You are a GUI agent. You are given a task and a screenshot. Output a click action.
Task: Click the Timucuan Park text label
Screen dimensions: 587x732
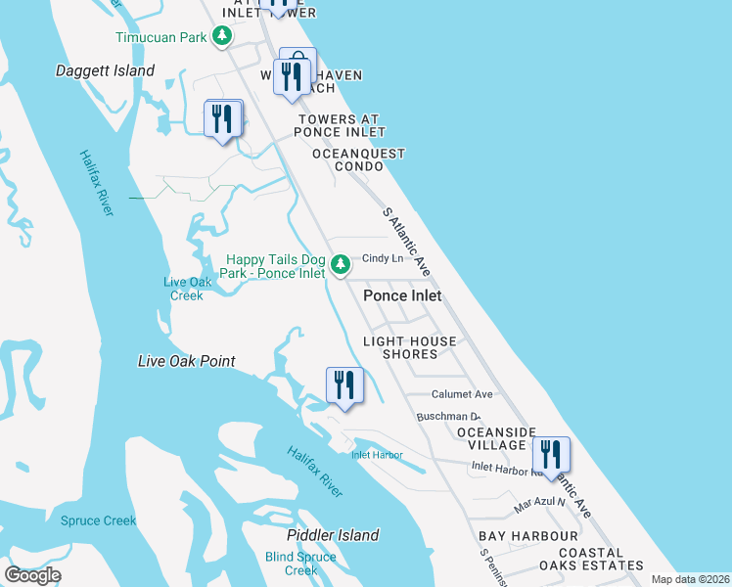pos(161,37)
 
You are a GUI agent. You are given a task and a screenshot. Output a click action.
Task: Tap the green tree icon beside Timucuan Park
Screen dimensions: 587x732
pos(223,37)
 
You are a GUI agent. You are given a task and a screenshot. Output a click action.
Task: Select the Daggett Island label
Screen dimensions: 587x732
pos(106,71)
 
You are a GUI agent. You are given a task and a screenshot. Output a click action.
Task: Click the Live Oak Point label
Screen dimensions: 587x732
pos(187,362)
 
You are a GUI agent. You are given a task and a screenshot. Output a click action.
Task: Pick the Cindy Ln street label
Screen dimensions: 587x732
pos(383,259)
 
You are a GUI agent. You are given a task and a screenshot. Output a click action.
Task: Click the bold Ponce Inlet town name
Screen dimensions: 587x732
pos(402,295)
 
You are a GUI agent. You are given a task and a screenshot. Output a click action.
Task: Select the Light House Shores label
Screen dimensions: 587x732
pos(410,347)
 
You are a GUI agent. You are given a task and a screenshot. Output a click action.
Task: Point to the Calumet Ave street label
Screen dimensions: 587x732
pos(463,394)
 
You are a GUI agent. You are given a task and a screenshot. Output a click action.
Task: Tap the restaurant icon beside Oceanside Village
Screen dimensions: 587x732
pos(552,456)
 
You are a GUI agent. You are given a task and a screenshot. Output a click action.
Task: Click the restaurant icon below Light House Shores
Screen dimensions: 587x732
pos(343,385)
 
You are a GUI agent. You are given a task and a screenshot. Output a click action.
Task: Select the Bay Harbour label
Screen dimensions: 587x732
pos(528,537)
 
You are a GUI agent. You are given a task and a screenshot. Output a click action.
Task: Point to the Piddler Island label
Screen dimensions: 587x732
pos(333,535)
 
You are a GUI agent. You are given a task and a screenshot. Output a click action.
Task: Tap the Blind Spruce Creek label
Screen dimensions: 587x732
pos(300,564)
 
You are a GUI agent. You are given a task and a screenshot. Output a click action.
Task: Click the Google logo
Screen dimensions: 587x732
pos(33,575)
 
